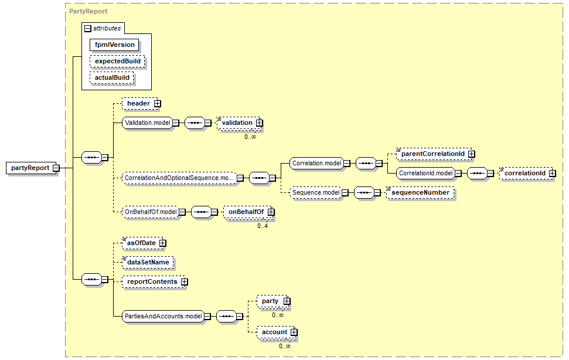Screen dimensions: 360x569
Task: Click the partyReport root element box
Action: point(30,168)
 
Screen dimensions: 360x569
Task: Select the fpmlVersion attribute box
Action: point(115,45)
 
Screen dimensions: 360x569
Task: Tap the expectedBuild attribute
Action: point(117,61)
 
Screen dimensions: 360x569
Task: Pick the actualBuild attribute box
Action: point(112,77)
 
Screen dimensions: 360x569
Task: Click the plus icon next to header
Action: point(157,104)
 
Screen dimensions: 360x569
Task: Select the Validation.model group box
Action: point(147,123)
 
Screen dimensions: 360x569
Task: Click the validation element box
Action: point(237,123)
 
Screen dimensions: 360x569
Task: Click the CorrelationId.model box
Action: point(425,173)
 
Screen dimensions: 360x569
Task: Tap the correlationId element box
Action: point(525,173)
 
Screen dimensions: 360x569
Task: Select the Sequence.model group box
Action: point(316,192)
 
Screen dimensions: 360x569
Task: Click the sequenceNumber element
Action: point(420,192)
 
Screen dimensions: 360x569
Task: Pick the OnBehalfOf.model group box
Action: point(150,212)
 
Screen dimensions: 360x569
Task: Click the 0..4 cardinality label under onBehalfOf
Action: point(263,226)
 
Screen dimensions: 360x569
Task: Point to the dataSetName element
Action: point(147,262)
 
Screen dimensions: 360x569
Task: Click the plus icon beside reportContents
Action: point(185,281)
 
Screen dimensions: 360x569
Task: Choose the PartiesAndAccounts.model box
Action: point(163,316)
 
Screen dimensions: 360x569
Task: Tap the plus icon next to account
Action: point(294,332)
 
